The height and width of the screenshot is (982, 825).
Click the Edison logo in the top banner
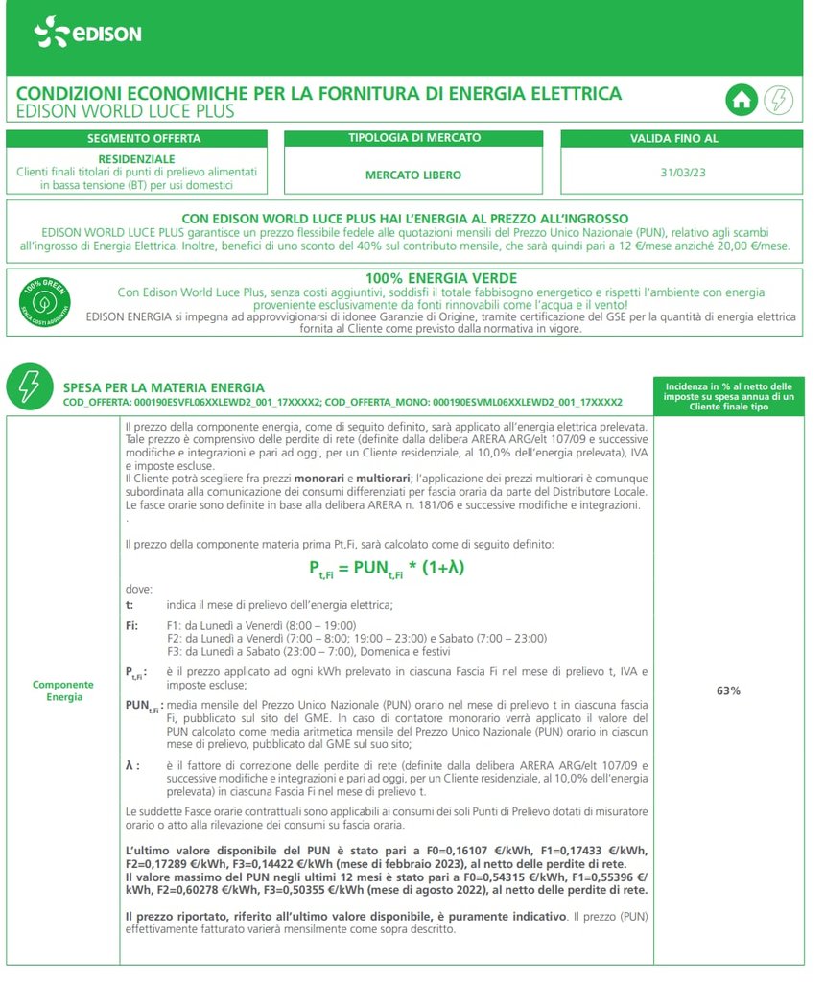click(x=87, y=34)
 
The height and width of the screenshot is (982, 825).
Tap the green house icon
click(x=741, y=101)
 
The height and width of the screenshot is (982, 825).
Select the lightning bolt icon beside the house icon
click(x=777, y=101)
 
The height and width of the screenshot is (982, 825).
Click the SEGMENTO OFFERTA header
click(x=144, y=139)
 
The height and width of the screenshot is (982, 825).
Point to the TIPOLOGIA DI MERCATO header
click(x=413, y=139)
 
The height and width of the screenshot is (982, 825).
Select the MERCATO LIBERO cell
click(x=413, y=175)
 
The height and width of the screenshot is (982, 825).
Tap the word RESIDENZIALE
click(x=137, y=158)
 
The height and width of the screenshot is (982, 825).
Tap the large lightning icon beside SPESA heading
click(x=28, y=386)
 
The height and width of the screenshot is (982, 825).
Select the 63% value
click(x=729, y=690)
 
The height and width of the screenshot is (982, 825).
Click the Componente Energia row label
click(x=63, y=690)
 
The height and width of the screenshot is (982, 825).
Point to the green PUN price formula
click(x=387, y=567)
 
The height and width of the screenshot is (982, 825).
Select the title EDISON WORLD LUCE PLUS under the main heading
click(x=126, y=112)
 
